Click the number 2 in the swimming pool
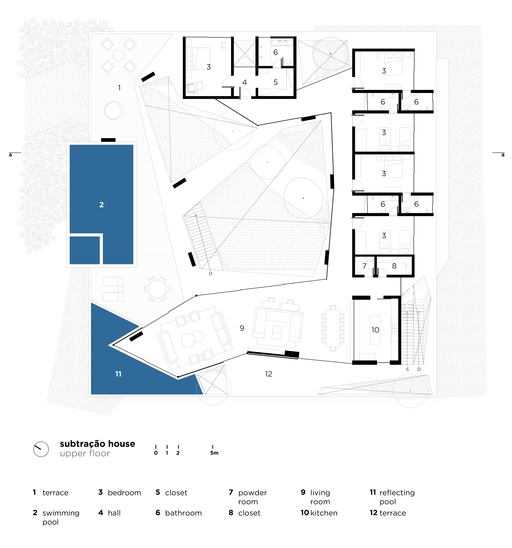tap(102, 205)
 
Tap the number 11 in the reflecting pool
tap(118, 374)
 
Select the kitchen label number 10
tap(375, 330)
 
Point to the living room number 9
tap(242, 328)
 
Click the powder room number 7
tap(364, 266)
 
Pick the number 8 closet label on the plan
tap(394, 266)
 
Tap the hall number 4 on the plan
tap(245, 82)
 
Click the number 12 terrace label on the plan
tap(268, 374)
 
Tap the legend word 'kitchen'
tap(324, 513)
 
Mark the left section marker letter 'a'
tap(11, 155)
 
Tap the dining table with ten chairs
tap(333, 328)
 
